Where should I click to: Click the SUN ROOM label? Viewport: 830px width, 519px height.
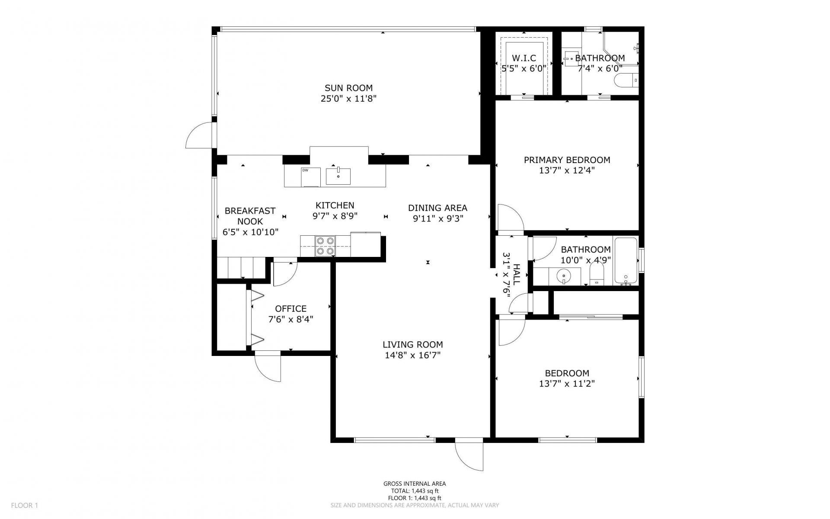pyautogui.click(x=348, y=88)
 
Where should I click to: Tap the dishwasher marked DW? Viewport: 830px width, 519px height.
pyautogui.click(x=310, y=177)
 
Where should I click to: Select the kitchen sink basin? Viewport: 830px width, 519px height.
pyautogui.click(x=338, y=176)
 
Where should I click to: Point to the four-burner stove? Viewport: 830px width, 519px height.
pyautogui.click(x=325, y=246)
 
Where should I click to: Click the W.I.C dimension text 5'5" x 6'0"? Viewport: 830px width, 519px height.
pyautogui.click(x=524, y=68)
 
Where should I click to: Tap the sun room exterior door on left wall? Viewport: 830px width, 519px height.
pyautogui.click(x=200, y=136)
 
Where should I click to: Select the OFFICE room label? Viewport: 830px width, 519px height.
pyautogui.click(x=290, y=309)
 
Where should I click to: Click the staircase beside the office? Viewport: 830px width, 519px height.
pyautogui.click(x=241, y=268)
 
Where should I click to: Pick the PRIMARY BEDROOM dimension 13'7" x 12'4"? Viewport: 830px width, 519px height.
pyautogui.click(x=567, y=170)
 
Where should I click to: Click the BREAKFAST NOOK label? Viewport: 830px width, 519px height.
pyautogui.click(x=250, y=216)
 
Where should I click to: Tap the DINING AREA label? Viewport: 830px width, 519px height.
pyautogui.click(x=437, y=208)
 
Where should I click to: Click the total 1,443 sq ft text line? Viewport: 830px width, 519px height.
pyautogui.click(x=414, y=491)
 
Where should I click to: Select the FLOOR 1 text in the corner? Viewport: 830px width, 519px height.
pyautogui.click(x=25, y=505)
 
